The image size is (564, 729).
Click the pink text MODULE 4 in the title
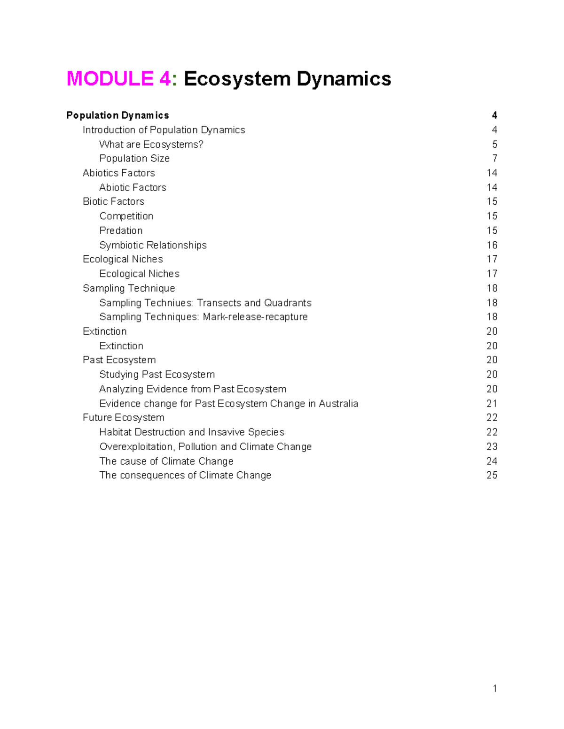[118, 78]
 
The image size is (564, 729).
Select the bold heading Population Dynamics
[117, 115]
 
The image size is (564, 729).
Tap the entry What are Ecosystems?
[151, 145]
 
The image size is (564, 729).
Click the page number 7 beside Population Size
[494, 159]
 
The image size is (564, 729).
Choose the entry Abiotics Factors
[118, 173]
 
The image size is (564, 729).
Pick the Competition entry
[126, 216]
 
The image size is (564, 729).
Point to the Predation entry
[121, 231]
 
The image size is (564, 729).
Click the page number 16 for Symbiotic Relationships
[492, 246]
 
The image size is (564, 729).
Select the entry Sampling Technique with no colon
[129, 288]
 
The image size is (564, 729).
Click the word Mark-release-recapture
[255, 317]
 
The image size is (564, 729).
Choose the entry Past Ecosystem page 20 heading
[119, 360]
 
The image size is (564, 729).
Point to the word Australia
[338, 404]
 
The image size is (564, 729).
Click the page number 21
[492, 404]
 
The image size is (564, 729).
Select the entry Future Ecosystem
[123, 418]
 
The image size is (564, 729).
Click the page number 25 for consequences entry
[492, 476]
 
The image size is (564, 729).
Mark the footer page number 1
[495, 689]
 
